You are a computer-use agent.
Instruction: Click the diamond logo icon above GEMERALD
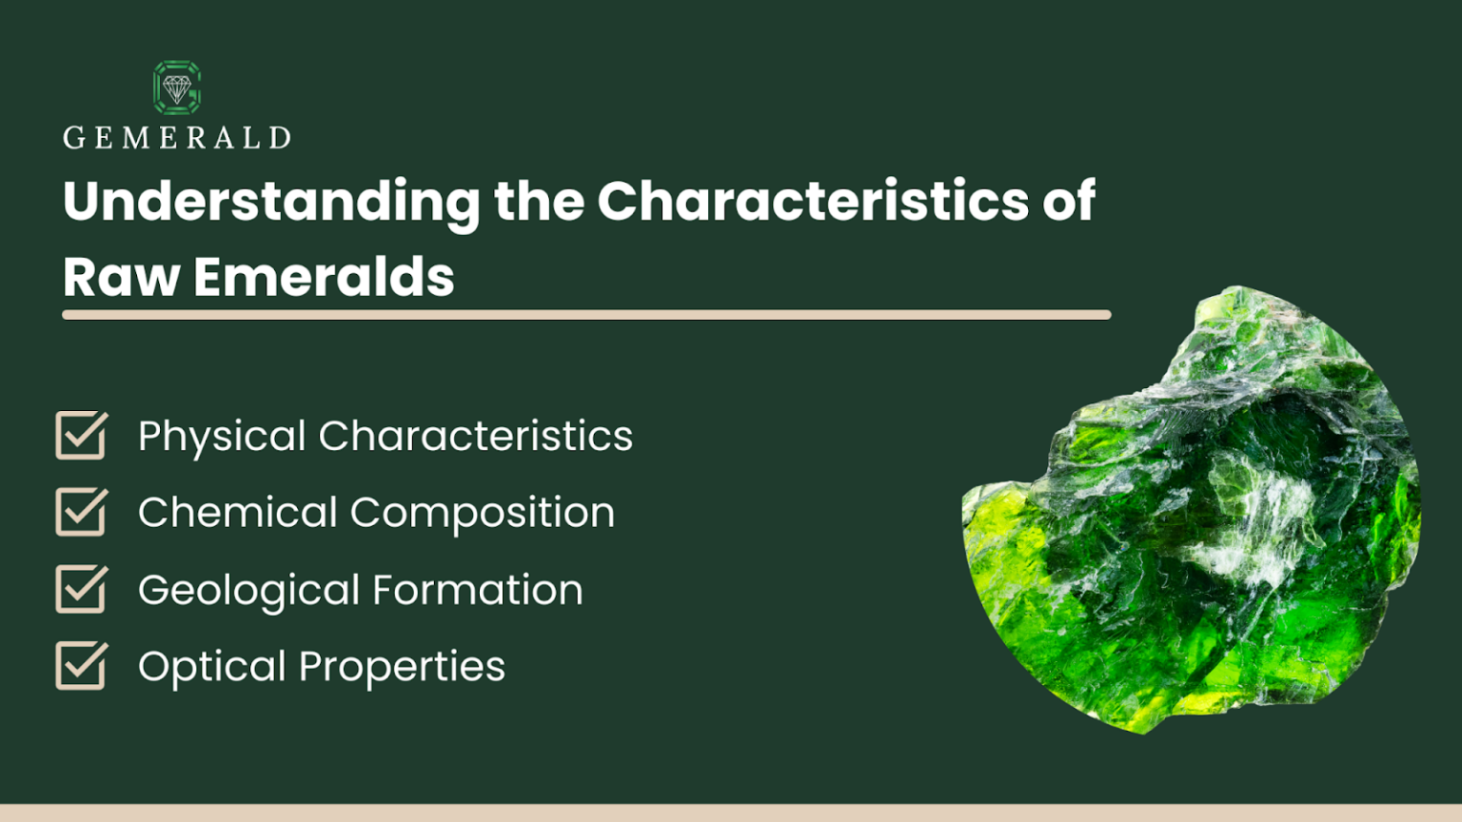click(x=177, y=88)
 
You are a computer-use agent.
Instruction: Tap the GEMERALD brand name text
click(x=177, y=138)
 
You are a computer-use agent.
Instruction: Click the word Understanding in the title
click(x=271, y=202)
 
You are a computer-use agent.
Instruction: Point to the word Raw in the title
click(x=121, y=278)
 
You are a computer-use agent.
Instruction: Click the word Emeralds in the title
click(x=324, y=278)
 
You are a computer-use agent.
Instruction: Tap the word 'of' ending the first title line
click(x=1068, y=202)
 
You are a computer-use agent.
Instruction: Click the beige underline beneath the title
click(x=586, y=315)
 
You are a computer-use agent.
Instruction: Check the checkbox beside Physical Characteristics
click(x=81, y=436)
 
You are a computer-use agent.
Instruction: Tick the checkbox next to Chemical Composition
click(x=81, y=513)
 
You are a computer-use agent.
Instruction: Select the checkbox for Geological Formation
click(x=81, y=590)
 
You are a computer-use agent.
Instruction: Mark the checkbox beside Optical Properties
click(x=81, y=666)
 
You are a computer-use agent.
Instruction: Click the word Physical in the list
click(x=222, y=437)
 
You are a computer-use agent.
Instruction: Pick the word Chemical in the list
click(x=237, y=513)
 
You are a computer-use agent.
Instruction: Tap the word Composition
click(x=482, y=514)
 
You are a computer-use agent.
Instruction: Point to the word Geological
click(x=248, y=591)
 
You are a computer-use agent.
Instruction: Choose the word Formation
click(x=477, y=590)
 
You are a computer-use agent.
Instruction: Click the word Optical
click(x=211, y=667)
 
